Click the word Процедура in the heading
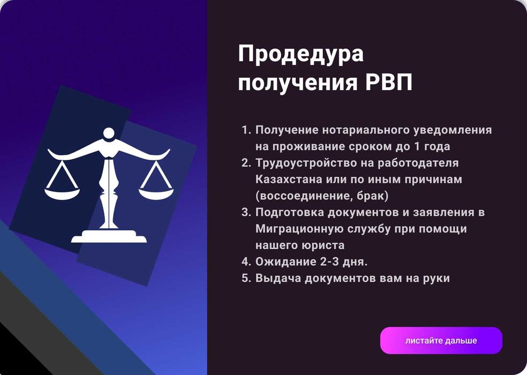point(301,54)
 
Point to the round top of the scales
point(109,133)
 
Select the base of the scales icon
point(109,237)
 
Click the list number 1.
point(246,130)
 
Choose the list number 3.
point(246,212)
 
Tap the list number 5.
point(246,278)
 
